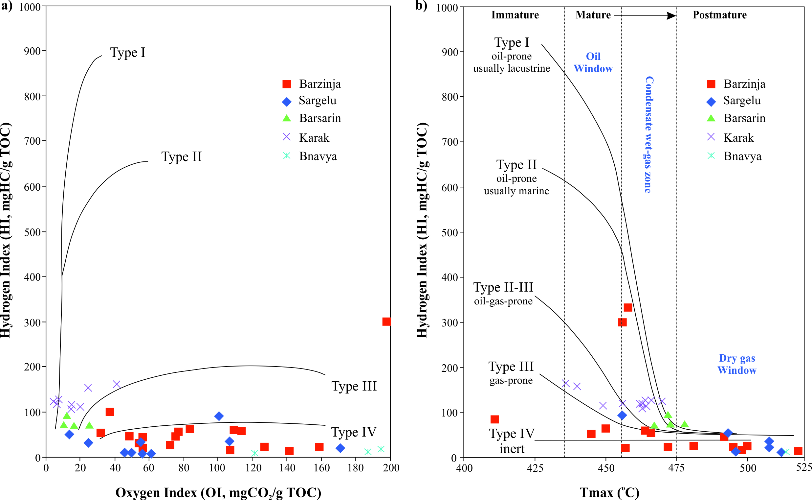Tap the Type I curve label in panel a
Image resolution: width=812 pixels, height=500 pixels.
(x=127, y=53)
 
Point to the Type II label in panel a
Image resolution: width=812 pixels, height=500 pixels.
(x=181, y=157)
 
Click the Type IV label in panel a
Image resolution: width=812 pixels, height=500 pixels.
(x=354, y=432)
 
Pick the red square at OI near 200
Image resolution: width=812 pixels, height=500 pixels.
(x=386, y=321)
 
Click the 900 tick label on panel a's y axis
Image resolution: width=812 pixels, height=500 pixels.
(x=32, y=51)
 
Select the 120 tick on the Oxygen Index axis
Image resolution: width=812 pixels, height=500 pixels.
(x=253, y=467)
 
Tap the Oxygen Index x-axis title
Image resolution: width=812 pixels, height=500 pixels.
(x=218, y=492)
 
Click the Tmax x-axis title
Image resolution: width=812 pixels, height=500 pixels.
(x=609, y=492)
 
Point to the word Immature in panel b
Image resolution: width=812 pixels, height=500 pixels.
(x=515, y=15)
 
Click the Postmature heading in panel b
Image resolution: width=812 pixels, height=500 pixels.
(x=719, y=15)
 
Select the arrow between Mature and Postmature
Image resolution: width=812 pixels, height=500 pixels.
(x=644, y=15)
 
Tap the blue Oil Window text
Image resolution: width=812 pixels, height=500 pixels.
(x=593, y=62)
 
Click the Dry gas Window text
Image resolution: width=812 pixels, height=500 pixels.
(x=737, y=364)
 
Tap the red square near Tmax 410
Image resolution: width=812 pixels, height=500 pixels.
(x=494, y=419)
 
